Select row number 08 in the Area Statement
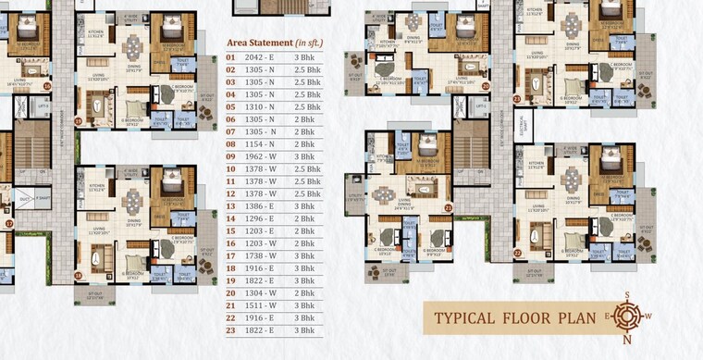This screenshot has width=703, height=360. point(230,147)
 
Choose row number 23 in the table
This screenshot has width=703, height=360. point(230,330)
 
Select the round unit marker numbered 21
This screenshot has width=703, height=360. point(449,208)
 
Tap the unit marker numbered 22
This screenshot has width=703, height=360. point(517,253)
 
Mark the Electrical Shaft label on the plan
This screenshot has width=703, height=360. point(527,125)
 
